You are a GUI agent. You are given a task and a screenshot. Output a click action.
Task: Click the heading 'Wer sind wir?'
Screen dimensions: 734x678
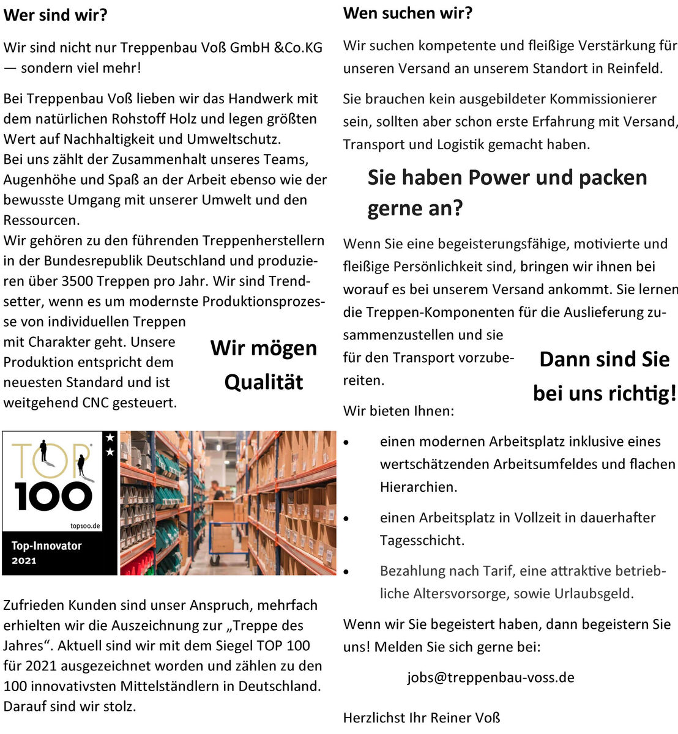55,15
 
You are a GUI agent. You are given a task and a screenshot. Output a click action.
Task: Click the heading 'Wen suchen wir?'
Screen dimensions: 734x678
408,13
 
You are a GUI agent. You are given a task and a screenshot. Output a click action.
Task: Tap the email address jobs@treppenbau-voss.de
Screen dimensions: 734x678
491,677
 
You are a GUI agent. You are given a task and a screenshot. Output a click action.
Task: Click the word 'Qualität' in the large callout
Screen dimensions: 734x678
264,382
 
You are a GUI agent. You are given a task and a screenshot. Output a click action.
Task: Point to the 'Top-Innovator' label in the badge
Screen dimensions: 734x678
47,546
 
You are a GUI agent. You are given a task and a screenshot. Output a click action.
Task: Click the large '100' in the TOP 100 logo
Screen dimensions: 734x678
53,496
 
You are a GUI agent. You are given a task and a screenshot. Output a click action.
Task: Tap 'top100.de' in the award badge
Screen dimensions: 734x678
86,526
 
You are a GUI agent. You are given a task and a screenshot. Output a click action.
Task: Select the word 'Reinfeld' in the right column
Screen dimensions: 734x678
634,68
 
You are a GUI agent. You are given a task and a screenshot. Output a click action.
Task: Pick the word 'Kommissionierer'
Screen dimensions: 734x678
603,99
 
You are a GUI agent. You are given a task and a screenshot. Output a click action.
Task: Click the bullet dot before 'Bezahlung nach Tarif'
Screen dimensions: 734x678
346,571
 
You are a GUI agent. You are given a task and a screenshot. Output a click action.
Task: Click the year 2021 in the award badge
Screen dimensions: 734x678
24,560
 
